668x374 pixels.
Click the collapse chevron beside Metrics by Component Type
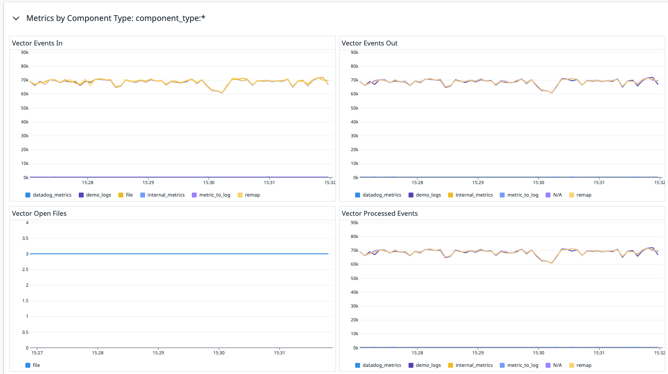click(x=16, y=18)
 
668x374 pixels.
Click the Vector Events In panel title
click(x=37, y=43)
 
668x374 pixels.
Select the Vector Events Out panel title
click(x=369, y=43)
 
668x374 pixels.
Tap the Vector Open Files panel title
click(x=39, y=214)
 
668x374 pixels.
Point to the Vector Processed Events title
click(x=380, y=214)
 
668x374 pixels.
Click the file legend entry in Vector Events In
click(x=129, y=195)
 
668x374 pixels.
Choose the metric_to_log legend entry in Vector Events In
click(x=215, y=195)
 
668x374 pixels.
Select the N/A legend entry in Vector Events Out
click(x=557, y=195)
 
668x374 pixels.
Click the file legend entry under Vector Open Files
click(x=36, y=365)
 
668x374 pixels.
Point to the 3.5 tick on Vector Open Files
click(x=26, y=238)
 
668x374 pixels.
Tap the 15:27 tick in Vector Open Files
click(x=37, y=353)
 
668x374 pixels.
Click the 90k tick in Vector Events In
click(x=25, y=53)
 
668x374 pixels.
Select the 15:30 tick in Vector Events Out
click(x=538, y=182)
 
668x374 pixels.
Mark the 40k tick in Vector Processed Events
click(x=355, y=292)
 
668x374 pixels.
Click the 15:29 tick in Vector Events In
click(x=148, y=182)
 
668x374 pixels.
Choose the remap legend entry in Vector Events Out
click(x=583, y=195)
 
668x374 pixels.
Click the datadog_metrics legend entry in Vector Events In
click(x=52, y=195)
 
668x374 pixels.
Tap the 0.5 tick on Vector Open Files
click(x=26, y=332)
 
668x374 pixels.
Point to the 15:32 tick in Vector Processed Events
click(x=660, y=353)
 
